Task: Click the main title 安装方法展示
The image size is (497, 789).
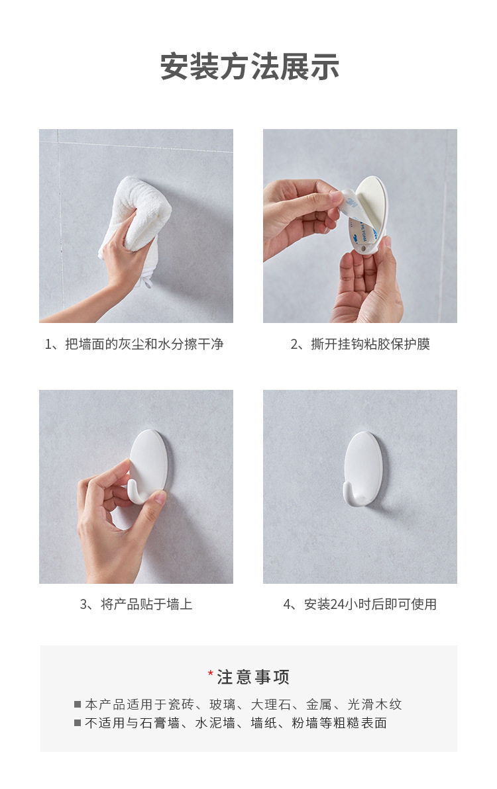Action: pyautogui.click(x=249, y=67)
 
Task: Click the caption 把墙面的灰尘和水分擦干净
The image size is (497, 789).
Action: pyautogui.click(x=144, y=344)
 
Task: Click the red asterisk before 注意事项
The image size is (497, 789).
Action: pyautogui.click(x=210, y=674)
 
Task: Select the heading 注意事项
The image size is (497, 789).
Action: pyautogui.click(x=254, y=677)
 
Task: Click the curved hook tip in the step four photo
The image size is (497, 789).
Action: pyautogui.click(x=348, y=492)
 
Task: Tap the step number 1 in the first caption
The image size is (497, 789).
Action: pyautogui.click(x=48, y=344)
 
